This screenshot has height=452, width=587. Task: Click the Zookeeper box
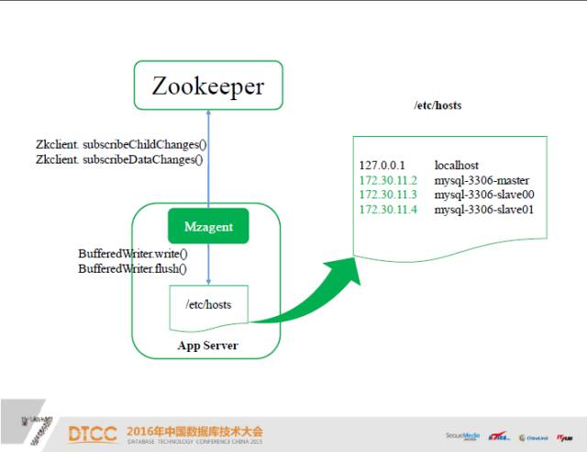pyautogui.click(x=208, y=85)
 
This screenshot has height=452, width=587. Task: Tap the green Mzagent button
pyautogui.click(x=208, y=226)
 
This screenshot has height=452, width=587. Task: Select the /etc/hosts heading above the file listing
pyautogui.click(x=437, y=106)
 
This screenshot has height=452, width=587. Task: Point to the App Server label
pyautogui.click(x=207, y=346)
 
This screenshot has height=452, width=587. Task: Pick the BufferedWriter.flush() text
pyautogui.click(x=133, y=268)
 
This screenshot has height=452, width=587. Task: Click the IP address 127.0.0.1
pyautogui.click(x=382, y=165)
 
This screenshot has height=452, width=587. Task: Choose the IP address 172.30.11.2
pyautogui.click(x=389, y=180)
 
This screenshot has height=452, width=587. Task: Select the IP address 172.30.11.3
pyautogui.click(x=389, y=195)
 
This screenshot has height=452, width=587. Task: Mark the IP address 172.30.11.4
pyautogui.click(x=389, y=210)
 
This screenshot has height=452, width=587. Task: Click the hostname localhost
pyautogui.click(x=457, y=165)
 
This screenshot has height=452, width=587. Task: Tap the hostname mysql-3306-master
pyautogui.click(x=482, y=180)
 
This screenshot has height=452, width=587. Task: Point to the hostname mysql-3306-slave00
pyautogui.click(x=484, y=195)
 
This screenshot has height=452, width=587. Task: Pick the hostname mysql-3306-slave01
pyautogui.click(x=484, y=210)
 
